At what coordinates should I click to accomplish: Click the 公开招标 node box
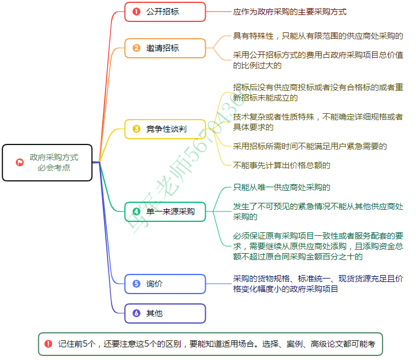tap(165, 12)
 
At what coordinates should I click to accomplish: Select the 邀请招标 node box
tap(165, 48)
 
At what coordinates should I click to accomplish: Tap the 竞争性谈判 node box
tap(165, 129)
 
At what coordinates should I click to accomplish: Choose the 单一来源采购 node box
tap(165, 212)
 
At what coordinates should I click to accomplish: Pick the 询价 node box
tap(165, 284)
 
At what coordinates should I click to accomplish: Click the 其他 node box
tap(165, 313)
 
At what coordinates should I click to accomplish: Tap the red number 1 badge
tap(136, 12)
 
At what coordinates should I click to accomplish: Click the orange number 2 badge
tap(136, 48)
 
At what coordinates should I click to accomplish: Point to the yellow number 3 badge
tap(136, 129)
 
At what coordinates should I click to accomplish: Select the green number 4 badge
tap(136, 212)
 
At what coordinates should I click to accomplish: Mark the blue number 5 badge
tap(136, 284)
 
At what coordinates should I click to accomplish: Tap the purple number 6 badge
tap(136, 313)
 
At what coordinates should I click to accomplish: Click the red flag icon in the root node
tap(20, 162)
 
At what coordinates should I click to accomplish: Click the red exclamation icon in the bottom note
tap(48, 344)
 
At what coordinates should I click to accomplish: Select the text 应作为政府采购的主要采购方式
tap(289, 12)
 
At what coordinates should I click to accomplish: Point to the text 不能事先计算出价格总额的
tap(281, 165)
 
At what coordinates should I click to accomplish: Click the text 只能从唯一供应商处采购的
tap(281, 187)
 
